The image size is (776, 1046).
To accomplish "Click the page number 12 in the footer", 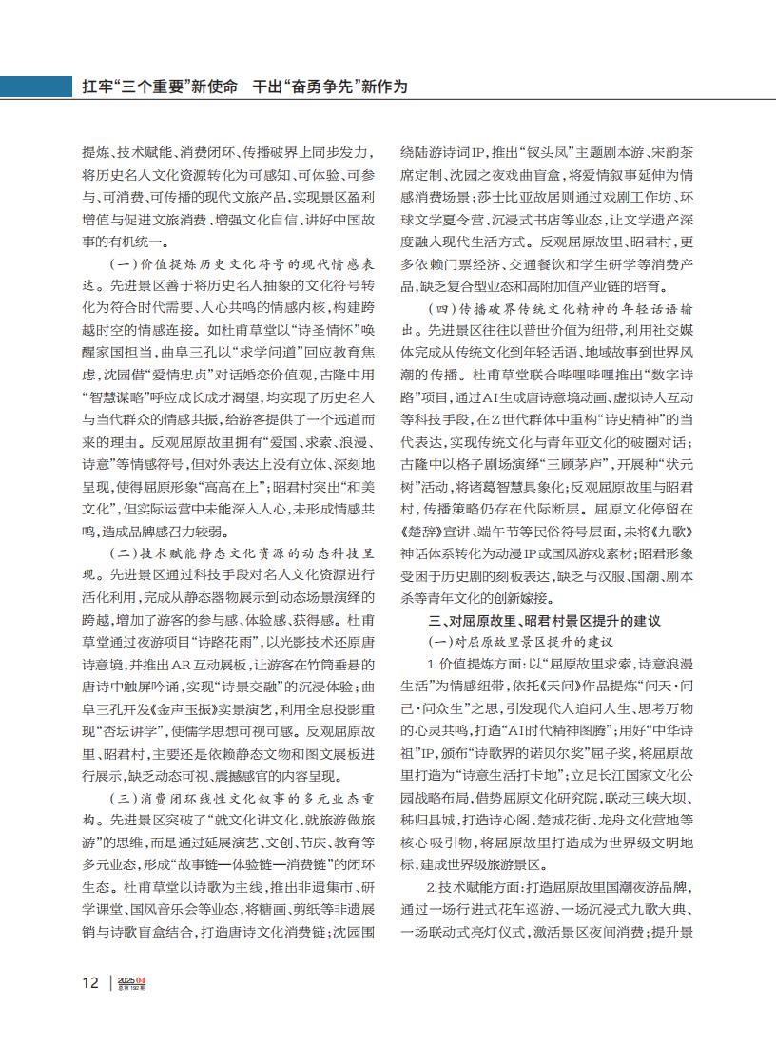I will pos(89,983).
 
